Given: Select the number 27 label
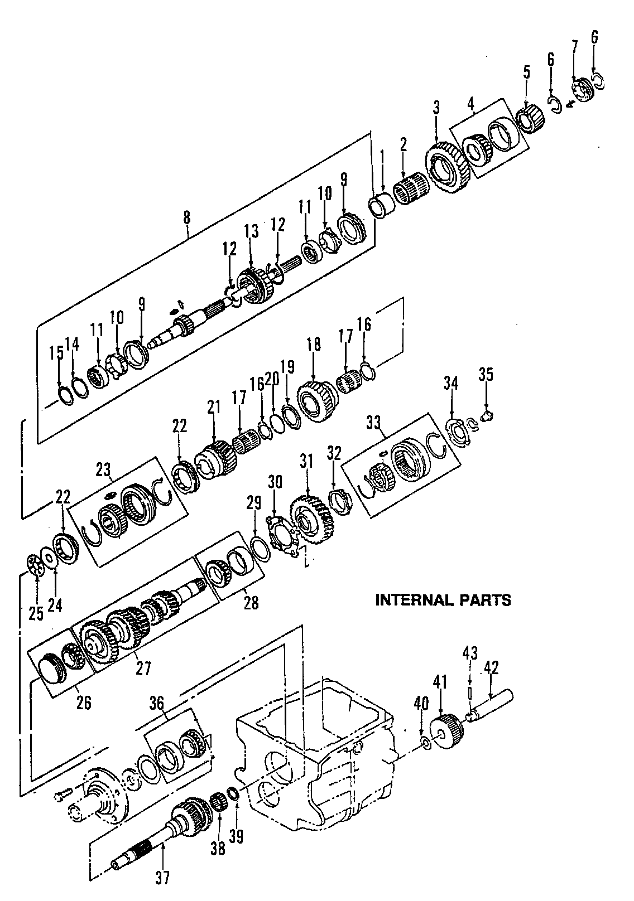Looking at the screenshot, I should pos(143,668).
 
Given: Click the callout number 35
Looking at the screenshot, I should pos(486,375).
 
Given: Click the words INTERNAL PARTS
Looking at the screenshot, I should pos(443,600).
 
